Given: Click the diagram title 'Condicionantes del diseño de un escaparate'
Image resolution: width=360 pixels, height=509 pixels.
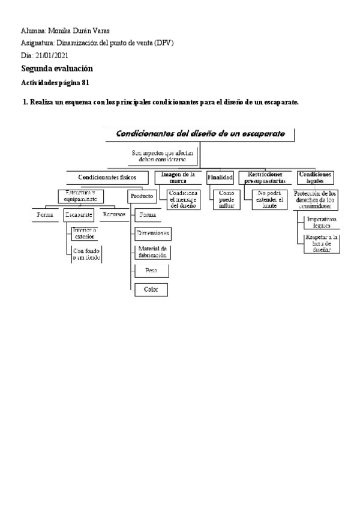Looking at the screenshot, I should tap(200, 133).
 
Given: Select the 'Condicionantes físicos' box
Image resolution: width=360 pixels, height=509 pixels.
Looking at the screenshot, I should tap(107, 178).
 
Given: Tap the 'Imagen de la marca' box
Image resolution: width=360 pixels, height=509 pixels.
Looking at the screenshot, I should tap(175, 177).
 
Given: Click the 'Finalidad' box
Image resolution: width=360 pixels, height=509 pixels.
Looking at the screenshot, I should tap(220, 178).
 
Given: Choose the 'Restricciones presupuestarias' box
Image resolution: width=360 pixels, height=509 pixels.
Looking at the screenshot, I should tap(265, 177).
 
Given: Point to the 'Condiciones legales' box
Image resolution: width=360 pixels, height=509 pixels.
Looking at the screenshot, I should tap(315, 177).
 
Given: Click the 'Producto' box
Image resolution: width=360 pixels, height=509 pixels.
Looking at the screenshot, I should tap(142, 196).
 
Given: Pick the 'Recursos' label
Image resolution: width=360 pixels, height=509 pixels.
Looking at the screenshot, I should tap(113, 214).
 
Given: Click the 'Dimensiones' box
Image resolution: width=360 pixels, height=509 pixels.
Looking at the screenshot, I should tap(152, 233).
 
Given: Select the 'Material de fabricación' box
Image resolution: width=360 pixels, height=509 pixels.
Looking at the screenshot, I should tap(152, 251).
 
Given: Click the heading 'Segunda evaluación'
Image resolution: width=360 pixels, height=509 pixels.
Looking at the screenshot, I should tap(57, 69).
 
